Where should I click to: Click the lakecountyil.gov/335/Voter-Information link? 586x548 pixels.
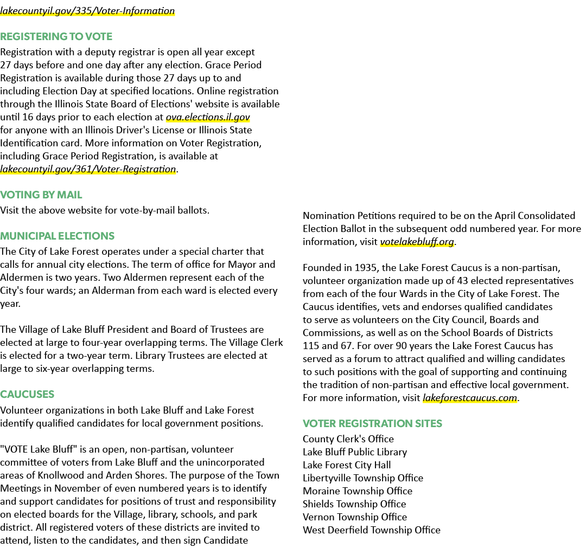pos(87,11)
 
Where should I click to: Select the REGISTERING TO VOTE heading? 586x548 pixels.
pos(56,36)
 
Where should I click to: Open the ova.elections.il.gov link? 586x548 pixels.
pos(208,117)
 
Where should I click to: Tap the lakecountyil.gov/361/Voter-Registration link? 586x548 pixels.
pos(88,169)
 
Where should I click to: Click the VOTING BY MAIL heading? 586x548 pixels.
pos(41,195)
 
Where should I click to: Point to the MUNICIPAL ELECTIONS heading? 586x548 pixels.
pos(57,236)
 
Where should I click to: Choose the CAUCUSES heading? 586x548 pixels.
pos(27,394)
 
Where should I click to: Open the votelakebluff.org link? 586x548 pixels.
pos(417,242)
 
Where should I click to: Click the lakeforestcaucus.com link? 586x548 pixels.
pos(470,398)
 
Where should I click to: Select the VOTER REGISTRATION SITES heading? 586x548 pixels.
pos(372,423)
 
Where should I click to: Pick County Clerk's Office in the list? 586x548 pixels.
pos(348,439)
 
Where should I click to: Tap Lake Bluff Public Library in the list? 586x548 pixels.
pos(355,452)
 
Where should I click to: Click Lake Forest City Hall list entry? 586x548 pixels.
pos(347,465)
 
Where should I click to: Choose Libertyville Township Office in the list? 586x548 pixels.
pos(363,478)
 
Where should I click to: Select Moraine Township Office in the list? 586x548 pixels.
pos(358,491)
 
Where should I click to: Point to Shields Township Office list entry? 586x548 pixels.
pos(354,504)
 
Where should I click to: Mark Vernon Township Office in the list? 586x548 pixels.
pos(355,518)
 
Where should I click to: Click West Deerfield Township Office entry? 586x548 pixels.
pos(372,530)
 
